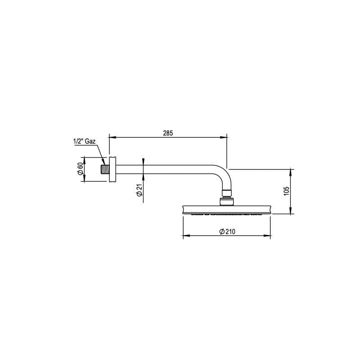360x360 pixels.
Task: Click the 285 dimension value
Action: pyautogui.click(x=168, y=133)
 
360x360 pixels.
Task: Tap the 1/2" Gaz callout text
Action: pyautogui.click(x=85, y=141)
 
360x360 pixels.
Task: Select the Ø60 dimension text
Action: pyautogui.click(x=80, y=170)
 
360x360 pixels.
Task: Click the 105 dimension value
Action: pyautogui.click(x=286, y=190)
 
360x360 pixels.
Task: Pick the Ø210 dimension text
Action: pyautogui.click(x=228, y=231)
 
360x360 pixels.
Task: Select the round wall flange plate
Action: pyautogui.click(x=112, y=170)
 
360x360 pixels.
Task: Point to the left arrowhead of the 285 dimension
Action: pyautogui.click(x=112, y=137)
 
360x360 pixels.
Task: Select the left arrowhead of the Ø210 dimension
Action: pyautogui.click(x=184, y=235)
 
